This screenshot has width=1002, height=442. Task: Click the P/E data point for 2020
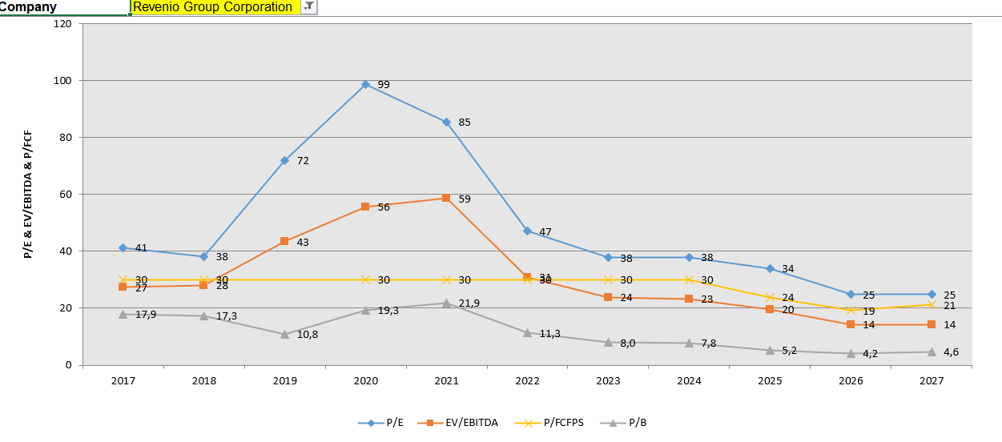(365, 84)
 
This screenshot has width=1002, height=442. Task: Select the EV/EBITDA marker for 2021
(446, 198)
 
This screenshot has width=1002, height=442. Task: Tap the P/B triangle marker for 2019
(284, 334)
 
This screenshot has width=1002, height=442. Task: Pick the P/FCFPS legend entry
(552, 423)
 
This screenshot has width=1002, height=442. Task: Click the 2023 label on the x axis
(608, 381)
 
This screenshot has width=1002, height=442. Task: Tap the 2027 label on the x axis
(932, 381)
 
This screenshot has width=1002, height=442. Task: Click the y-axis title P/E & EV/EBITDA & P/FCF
(28, 194)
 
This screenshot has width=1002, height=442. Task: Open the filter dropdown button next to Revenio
(309, 6)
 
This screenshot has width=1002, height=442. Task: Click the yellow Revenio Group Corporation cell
(213, 7)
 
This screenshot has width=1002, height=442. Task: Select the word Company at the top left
(29, 7)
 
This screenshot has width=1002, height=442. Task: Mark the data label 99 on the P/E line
(384, 85)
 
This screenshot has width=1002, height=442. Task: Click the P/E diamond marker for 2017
(123, 247)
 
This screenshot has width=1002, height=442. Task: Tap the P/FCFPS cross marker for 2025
(770, 298)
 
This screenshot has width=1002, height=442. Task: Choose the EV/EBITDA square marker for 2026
(851, 324)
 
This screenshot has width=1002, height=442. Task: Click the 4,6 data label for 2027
(949, 352)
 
